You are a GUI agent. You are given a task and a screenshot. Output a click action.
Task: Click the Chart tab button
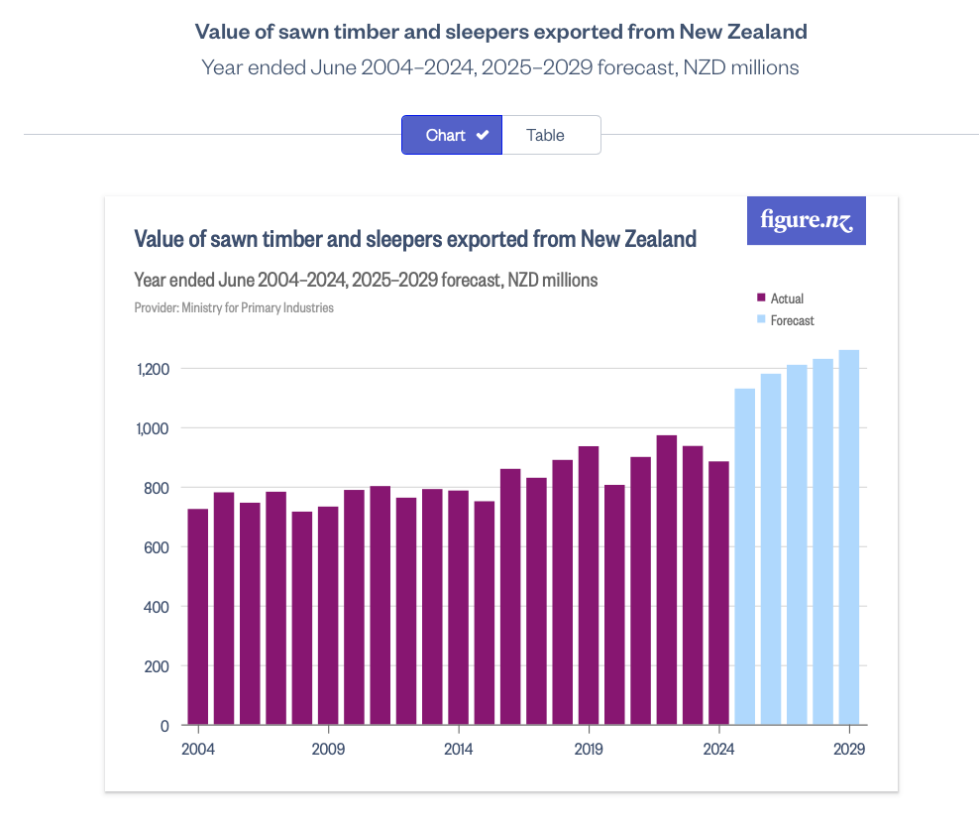pyautogui.click(x=452, y=135)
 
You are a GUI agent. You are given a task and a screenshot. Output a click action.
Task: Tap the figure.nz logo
pyautogui.click(x=806, y=221)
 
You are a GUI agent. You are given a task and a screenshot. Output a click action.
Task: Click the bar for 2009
pyautogui.click(x=328, y=615)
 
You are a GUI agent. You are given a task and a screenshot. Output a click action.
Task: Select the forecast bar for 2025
pyautogui.click(x=745, y=556)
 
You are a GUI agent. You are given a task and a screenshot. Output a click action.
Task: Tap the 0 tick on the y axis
pyautogui.click(x=164, y=726)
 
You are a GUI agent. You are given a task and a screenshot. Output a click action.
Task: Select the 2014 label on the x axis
pyautogui.click(x=458, y=750)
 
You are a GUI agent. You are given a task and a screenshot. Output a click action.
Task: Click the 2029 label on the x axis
pyautogui.click(x=849, y=750)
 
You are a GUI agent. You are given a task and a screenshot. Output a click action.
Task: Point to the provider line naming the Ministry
pyautogui.click(x=234, y=307)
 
